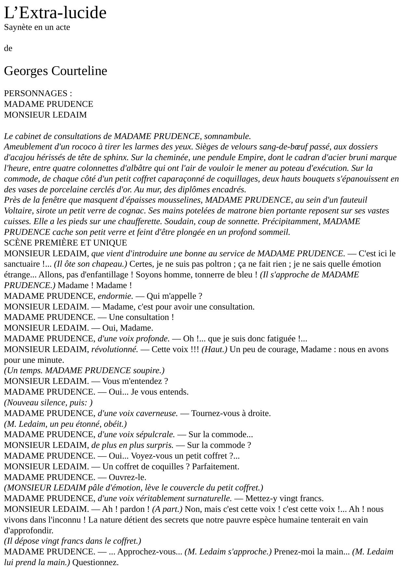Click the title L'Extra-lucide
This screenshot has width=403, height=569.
(x=55, y=13)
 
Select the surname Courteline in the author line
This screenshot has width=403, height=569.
(x=80, y=71)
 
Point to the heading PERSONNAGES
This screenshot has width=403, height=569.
(x=36, y=94)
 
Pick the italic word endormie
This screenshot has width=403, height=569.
(x=115, y=296)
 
